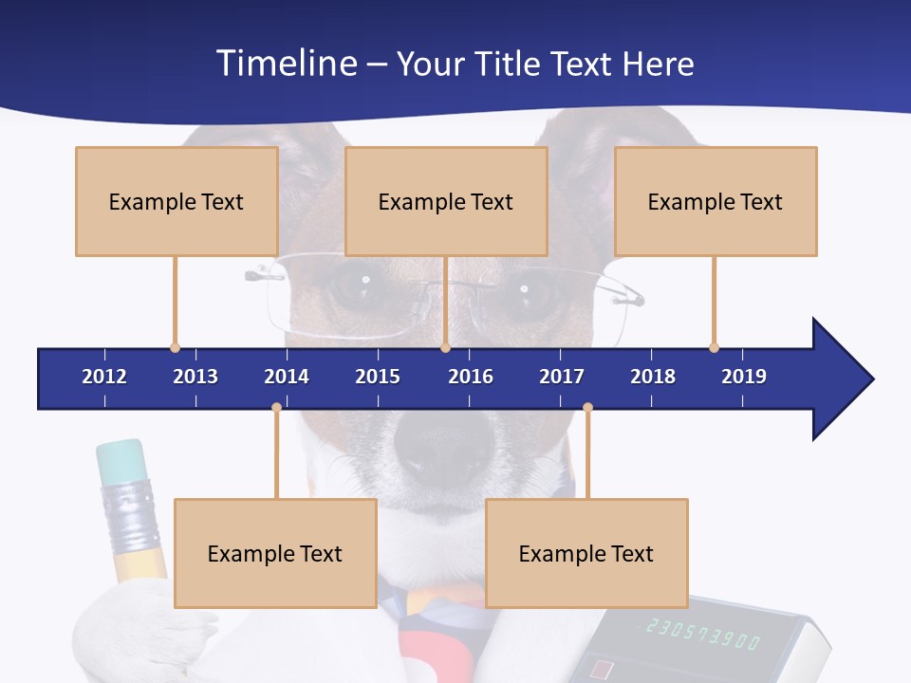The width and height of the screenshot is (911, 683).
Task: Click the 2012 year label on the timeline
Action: click(x=104, y=377)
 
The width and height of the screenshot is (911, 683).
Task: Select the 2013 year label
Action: click(x=195, y=377)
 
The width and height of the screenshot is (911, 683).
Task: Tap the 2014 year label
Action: click(x=287, y=377)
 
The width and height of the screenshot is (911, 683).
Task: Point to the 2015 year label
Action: click(x=378, y=377)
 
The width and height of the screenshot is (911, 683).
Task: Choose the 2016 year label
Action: click(x=471, y=377)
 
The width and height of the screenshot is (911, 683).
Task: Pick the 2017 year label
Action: click(x=562, y=377)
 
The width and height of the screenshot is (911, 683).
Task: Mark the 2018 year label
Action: click(x=653, y=377)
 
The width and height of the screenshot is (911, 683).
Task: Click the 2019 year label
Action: click(x=744, y=377)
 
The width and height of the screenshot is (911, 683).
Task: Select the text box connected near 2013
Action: click(x=177, y=201)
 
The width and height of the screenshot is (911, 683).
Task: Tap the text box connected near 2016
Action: click(x=446, y=201)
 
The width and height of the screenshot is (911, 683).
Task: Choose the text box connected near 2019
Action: click(x=716, y=201)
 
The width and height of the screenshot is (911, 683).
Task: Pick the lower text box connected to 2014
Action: click(x=275, y=553)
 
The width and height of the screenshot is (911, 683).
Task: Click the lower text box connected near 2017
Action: click(x=586, y=553)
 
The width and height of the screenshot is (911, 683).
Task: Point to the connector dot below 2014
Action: click(x=276, y=408)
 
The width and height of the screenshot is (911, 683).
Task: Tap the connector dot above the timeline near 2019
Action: click(x=714, y=347)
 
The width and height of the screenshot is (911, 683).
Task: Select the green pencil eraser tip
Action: click(x=121, y=461)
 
